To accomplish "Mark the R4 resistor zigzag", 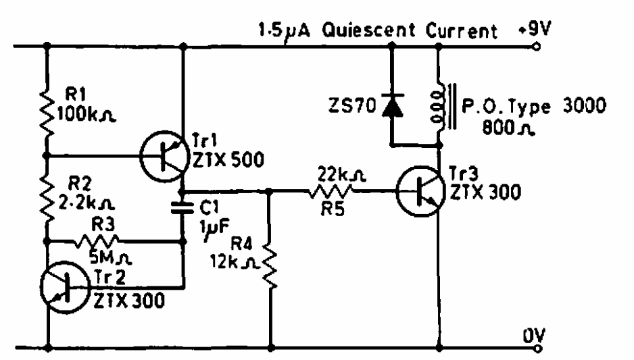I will pyautogui.click(x=272, y=265).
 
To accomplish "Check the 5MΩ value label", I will pyautogui.click(x=101, y=257).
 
